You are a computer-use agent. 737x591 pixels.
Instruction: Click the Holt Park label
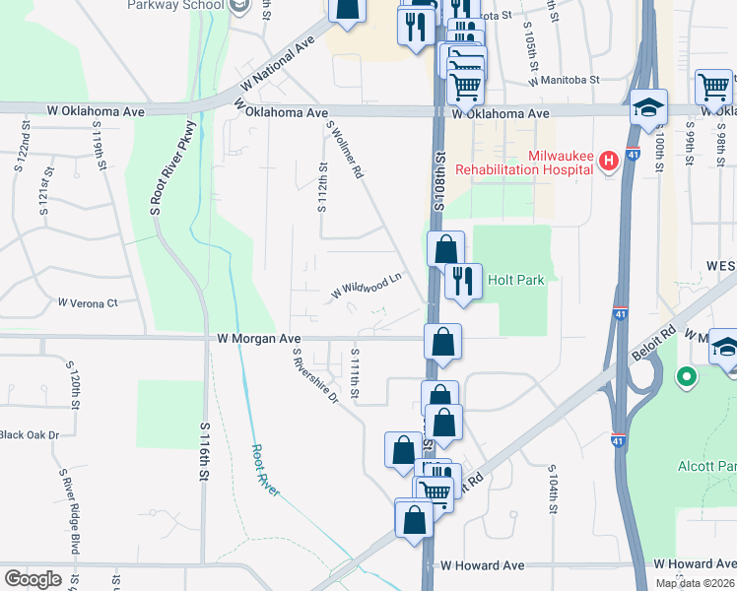pos(517,281)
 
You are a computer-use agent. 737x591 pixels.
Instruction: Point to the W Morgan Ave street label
pos(259,338)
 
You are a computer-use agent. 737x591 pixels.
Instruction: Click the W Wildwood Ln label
pos(367,286)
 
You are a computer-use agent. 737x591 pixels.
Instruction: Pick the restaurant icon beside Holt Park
pos(461,282)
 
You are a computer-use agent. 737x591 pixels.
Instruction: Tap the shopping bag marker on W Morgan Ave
pos(443,343)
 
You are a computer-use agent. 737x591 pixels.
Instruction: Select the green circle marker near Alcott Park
pos(686,376)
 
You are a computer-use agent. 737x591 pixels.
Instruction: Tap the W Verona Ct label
pos(88,302)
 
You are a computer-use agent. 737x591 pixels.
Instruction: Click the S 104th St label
pos(553,488)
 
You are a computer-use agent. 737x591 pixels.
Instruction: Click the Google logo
pos(33,578)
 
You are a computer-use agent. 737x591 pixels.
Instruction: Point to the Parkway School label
pos(176,6)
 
